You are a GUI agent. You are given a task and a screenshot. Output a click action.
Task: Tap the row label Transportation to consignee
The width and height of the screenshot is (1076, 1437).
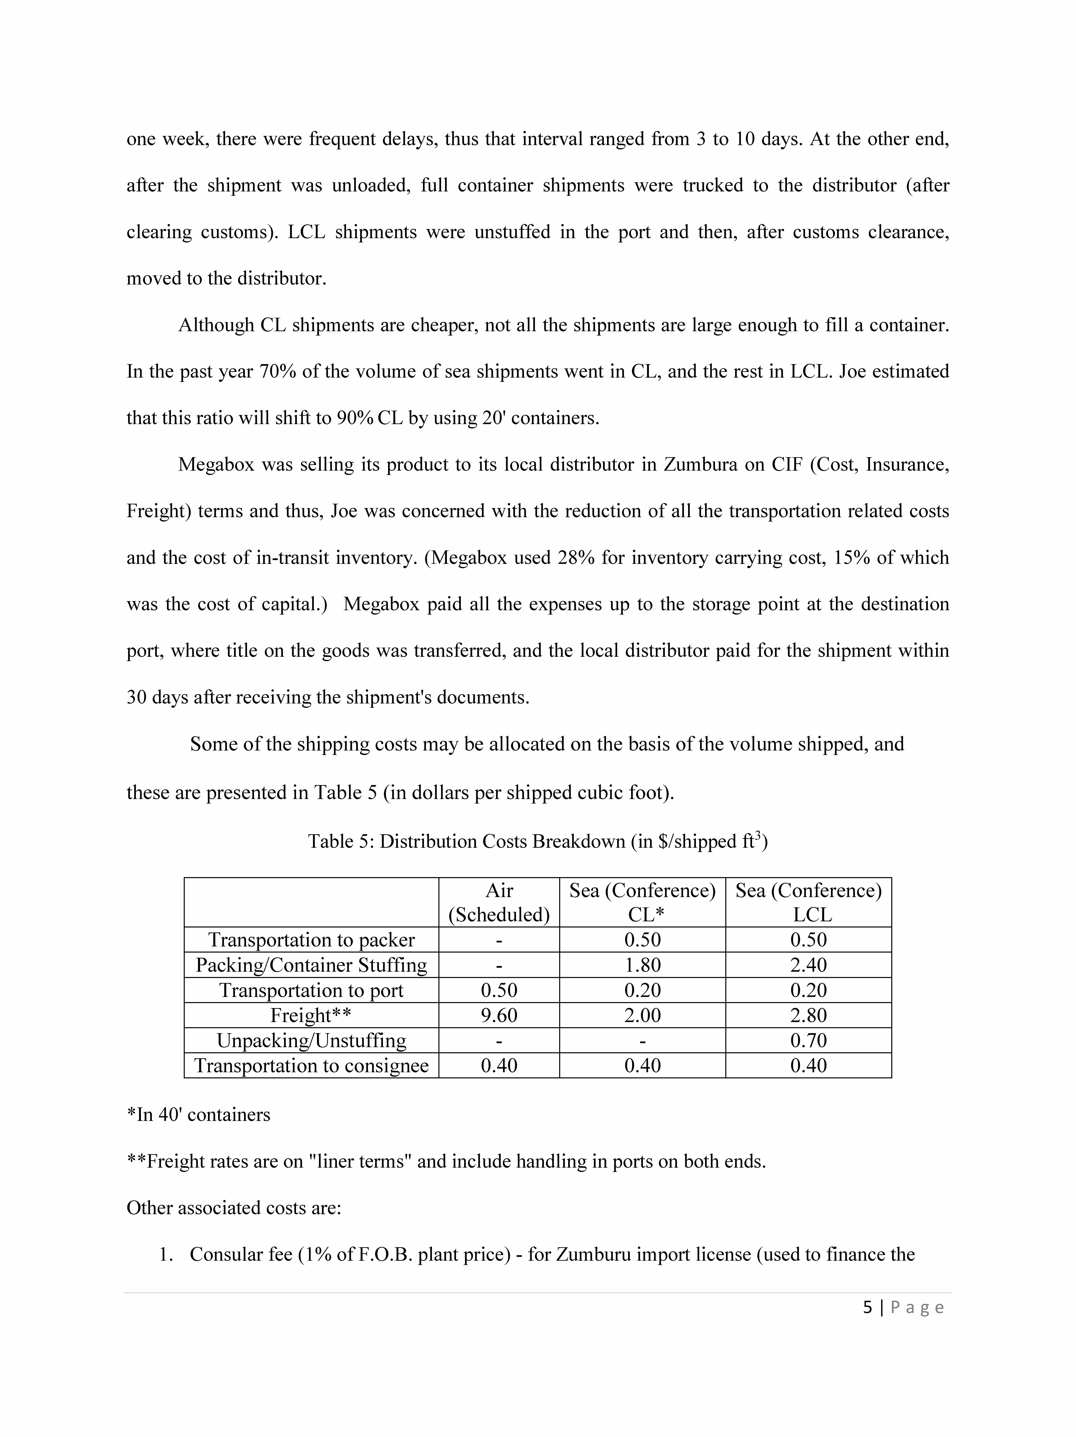tap(311, 1065)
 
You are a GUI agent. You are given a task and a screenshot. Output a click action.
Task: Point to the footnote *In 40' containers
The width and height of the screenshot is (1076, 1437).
tap(198, 1115)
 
